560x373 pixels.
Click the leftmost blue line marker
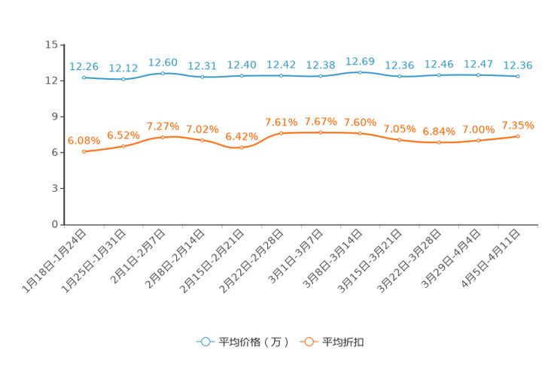pyautogui.click(x=84, y=77)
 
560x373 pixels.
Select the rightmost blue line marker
pyautogui.click(x=518, y=76)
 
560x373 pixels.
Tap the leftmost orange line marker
pyautogui.click(x=84, y=152)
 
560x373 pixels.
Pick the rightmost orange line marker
pyautogui.click(x=518, y=136)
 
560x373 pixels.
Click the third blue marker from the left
pyautogui.click(x=163, y=73)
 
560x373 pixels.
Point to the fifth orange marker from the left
pyautogui.click(x=242, y=148)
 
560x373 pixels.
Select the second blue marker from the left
pyautogui.click(x=123, y=78)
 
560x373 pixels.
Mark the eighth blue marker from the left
pyautogui.click(x=360, y=72)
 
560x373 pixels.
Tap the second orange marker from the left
pyautogui.click(x=123, y=146)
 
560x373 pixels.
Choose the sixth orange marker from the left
pyautogui.click(x=281, y=133)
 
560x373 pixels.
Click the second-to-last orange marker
pyautogui.click(x=478, y=141)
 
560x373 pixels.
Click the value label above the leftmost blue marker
pyautogui.click(x=84, y=66)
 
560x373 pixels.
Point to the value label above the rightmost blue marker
pyautogui.click(x=518, y=65)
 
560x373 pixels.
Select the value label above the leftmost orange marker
pyautogui.click(x=84, y=140)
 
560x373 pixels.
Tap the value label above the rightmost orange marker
pyautogui.click(x=518, y=125)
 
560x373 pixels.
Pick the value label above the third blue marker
pyautogui.click(x=163, y=62)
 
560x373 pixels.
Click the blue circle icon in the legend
pyautogui.click(x=205, y=341)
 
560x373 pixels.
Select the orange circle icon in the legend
pyautogui.click(x=308, y=341)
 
